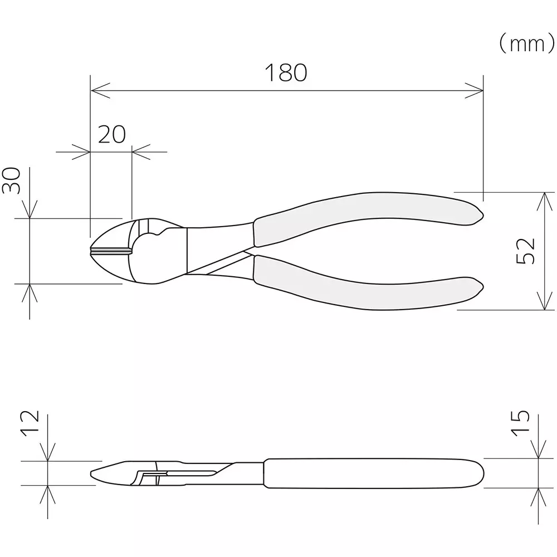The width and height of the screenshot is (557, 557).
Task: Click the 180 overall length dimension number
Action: click(x=285, y=73)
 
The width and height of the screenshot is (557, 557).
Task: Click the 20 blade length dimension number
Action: click(x=112, y=134)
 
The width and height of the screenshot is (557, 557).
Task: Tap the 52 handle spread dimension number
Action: click(x=526, y=251)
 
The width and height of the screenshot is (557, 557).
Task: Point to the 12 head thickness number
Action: click(x=31, y=423)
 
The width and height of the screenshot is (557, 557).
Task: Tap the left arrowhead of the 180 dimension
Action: click(x=96, y=89)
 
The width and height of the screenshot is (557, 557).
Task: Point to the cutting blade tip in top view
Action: click(x=92, y=251)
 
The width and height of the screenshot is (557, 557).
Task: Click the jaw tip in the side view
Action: click(x=92, y=475)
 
